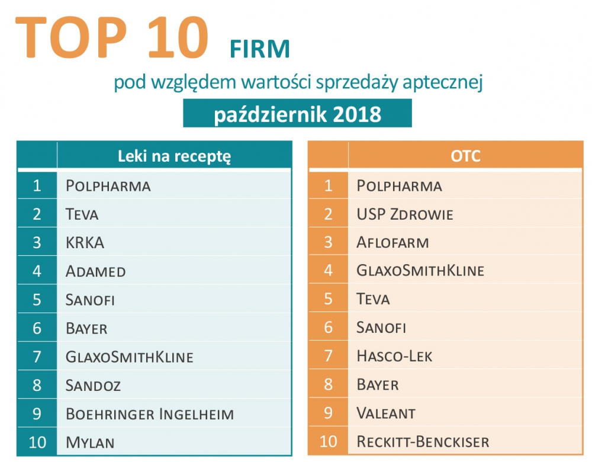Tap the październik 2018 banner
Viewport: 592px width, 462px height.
pos(297,113)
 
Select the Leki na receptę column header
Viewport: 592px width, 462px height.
pos(174,156)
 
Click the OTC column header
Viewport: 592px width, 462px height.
pos(465,156)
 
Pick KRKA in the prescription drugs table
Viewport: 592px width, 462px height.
pos(86,243)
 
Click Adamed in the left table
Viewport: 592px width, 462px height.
pos(96,271)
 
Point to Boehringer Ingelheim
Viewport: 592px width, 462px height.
pos(150,414)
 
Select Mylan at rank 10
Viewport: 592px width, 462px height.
pos(90,442)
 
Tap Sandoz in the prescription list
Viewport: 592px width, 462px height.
pos(94,386)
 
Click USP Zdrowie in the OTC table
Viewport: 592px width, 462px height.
pos(405,214)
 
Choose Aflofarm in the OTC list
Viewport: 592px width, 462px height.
pos(392,243)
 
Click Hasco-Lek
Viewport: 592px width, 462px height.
pos(394,357)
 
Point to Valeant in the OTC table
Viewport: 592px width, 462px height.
pos(386,413)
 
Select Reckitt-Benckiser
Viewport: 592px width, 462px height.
pos(423,442)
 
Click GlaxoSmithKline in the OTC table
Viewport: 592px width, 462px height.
pos(420,271)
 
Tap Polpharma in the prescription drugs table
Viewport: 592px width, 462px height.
pos(108,186)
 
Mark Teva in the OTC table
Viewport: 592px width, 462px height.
pos(373,300)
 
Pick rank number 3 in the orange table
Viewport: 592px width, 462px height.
pos(328,243)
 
